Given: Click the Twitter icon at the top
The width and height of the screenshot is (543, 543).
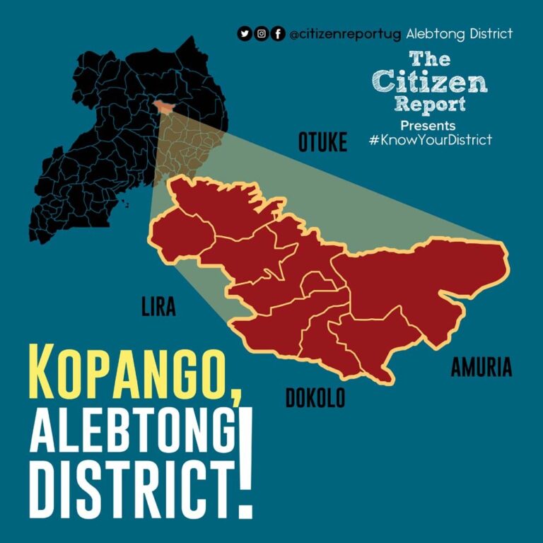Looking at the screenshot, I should click(x=245, y=33).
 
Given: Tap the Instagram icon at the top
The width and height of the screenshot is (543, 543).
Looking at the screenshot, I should click(x=262, y=33).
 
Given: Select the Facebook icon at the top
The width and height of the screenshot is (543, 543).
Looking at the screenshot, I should click(x=279, y=33).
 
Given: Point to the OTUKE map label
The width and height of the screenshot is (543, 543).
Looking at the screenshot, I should click(x=322, y=143).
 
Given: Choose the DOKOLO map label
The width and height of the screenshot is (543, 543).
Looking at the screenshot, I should click(x=315, y=398).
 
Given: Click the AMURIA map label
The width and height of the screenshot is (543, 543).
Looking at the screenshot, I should click(x=481, y=368).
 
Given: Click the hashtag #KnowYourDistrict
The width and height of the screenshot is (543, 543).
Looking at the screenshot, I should click(x=430, y=140).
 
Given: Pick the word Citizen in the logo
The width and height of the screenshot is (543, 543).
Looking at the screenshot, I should click(x=430, y=82).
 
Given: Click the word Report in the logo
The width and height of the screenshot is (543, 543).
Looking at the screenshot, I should click(x=430, y=104).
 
